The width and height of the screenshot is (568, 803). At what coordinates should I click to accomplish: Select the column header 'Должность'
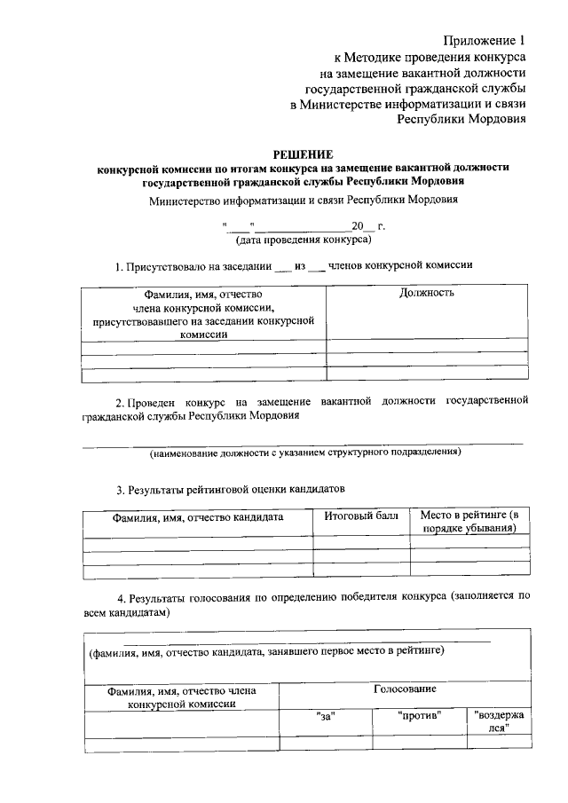pyautogui.click(x=427, y=293)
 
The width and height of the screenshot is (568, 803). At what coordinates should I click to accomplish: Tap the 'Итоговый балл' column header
pyautogui.click(x=361, y=516)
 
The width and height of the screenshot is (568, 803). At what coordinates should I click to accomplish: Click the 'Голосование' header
pyautogui.click(x=405, y=689)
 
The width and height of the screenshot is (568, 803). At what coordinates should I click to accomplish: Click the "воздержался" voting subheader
pyautogui.click(x=498, y=720)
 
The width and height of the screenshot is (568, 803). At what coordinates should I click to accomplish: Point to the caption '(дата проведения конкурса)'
pyautogui.click(x=303, y=240)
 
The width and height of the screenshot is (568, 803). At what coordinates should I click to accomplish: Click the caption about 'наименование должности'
pyautogui.click(x=304, y=453)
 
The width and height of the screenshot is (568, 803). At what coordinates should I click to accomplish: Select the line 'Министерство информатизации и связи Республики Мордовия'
pyautogui.click(x=304, y=200)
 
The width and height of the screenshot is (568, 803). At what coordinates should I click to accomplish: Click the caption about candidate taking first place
pyautogui.click(x=265, y=651)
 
